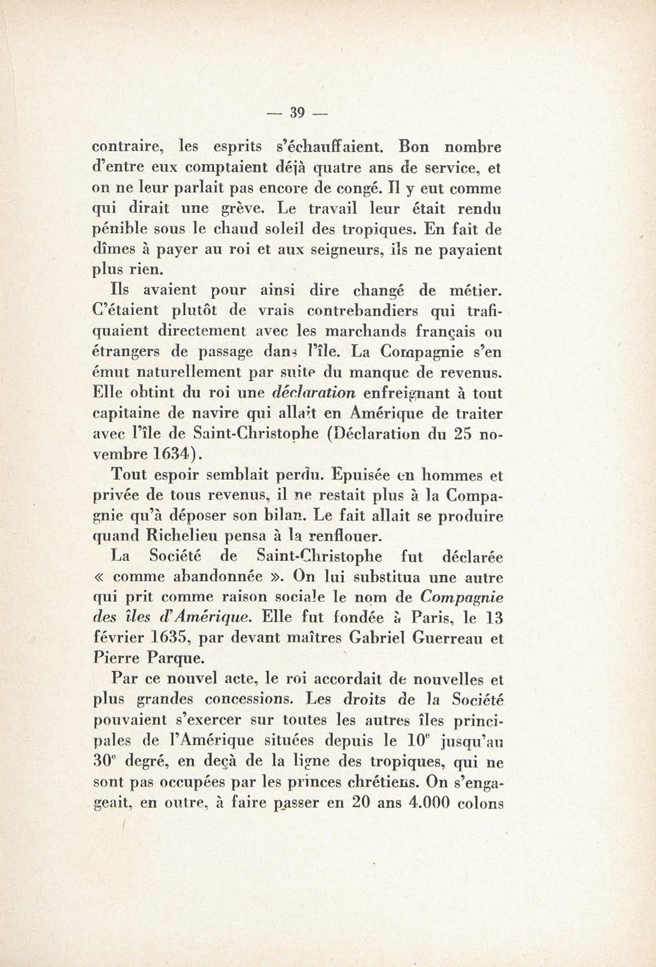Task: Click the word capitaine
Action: [x=125, y=414]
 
